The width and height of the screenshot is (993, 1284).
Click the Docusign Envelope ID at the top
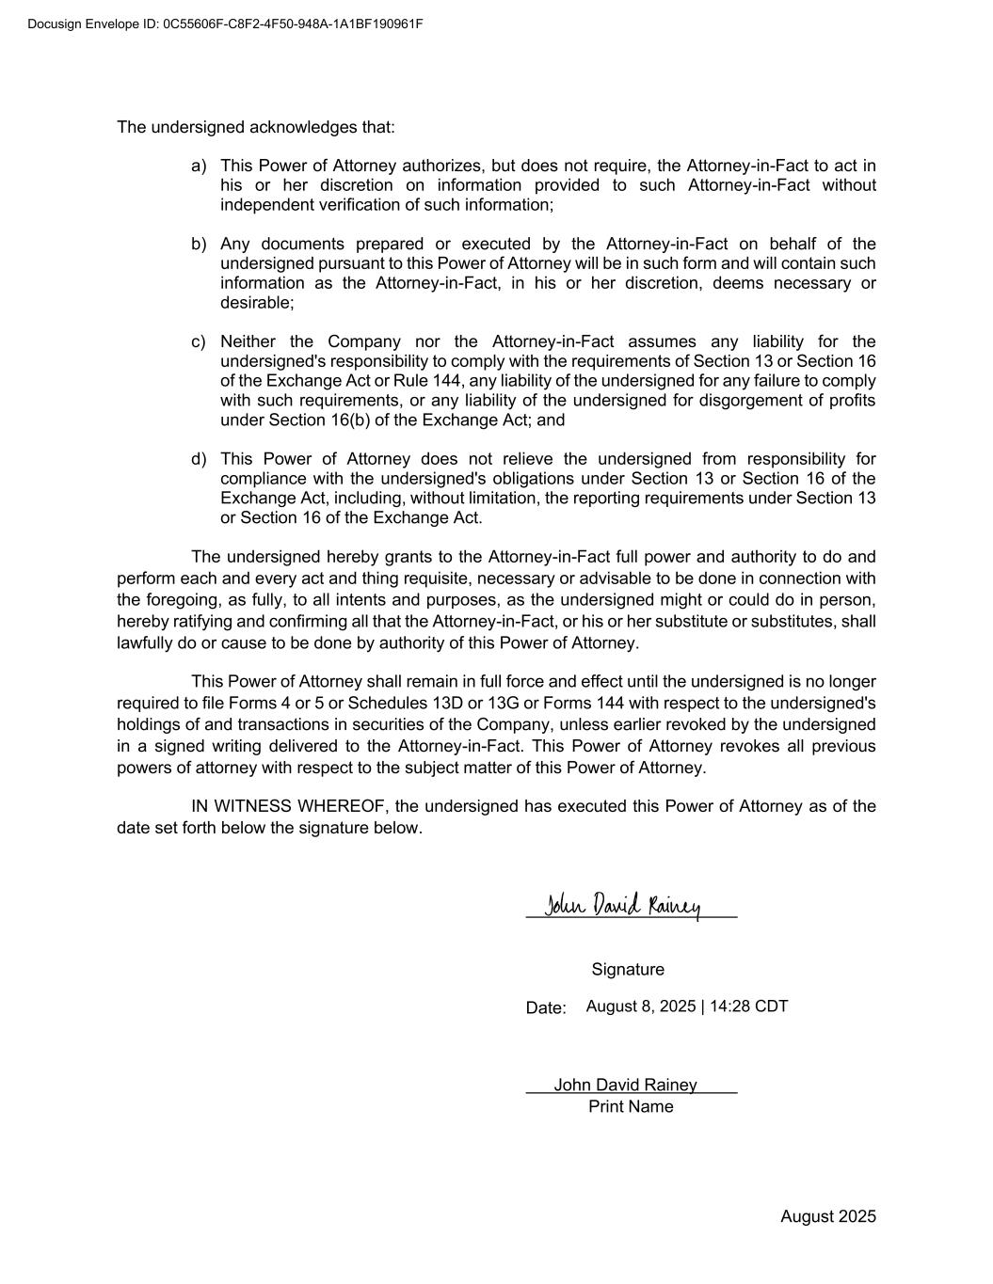click(225, 24)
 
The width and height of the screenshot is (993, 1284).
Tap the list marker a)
click(199, 166)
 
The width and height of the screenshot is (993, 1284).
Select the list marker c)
click(199, 341)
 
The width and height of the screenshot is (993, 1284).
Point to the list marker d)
click(199, 459)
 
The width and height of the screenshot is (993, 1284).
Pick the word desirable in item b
click(256, 303)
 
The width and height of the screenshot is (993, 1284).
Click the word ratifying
click(206, 622)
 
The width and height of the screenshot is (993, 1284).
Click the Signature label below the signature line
click(628, 970)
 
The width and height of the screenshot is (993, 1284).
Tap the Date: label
click(546, 1008)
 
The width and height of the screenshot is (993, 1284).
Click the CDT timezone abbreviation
click(771, 1007)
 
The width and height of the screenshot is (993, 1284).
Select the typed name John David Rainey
click(625, 1086)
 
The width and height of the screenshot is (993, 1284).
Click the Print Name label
click(631, 1107)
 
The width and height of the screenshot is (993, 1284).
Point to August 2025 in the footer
click(827, 1217)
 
